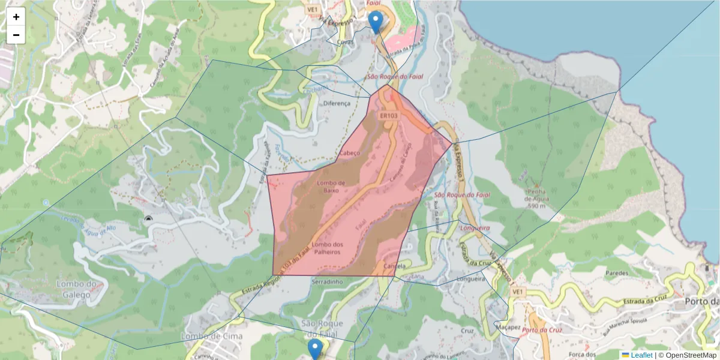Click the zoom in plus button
[16, 17]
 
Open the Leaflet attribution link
[641, 355]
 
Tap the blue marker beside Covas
[376, 22]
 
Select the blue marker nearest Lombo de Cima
[315, 349]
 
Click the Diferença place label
[337, 103]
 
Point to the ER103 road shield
[389, 115]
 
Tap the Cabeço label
[349, 152]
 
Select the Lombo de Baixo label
[331, 186]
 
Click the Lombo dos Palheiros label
[327, 248]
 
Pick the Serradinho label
[327, 281]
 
